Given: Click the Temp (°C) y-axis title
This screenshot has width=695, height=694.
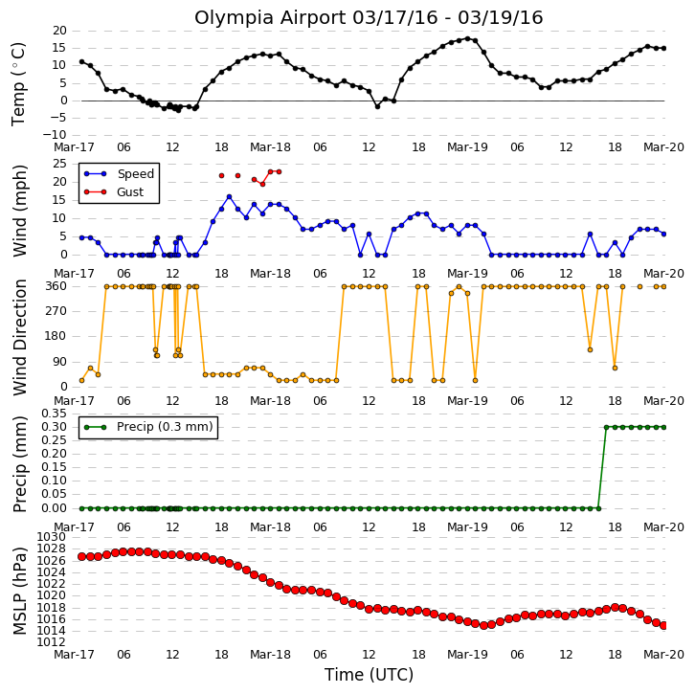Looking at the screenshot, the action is [x=18, y=84].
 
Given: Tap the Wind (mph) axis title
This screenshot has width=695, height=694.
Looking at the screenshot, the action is [x=19, y=211].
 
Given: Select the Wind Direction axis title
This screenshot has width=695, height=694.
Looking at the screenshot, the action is [x=19, y=337].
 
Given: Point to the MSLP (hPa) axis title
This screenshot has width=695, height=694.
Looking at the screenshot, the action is [x=19, y=591].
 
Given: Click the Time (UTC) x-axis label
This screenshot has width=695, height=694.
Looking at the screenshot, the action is [x=369, y=675].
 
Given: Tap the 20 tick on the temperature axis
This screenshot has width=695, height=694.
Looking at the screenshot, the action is [x=60, y=31].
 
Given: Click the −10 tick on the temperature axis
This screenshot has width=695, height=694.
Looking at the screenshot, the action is [x=55, y=135].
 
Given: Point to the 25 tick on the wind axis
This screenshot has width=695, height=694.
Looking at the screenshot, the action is [x=60, y=164].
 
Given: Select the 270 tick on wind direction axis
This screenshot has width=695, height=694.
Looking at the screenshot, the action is [x=56, y=311].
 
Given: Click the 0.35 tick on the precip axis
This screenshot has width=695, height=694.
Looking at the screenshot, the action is [x=54, y=414].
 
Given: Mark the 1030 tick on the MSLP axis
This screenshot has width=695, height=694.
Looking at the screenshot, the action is [x=51, y=537].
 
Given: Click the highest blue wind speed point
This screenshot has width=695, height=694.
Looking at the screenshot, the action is [x=229, y=197].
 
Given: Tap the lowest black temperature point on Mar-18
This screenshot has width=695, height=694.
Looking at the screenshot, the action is [x=377, y=107].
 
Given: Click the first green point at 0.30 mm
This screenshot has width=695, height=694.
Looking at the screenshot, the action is [x=606, y=427].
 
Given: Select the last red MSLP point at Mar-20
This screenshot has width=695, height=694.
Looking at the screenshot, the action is [x=663, y=625].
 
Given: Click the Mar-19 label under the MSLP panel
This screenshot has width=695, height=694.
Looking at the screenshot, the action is [x=467, y=655].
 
